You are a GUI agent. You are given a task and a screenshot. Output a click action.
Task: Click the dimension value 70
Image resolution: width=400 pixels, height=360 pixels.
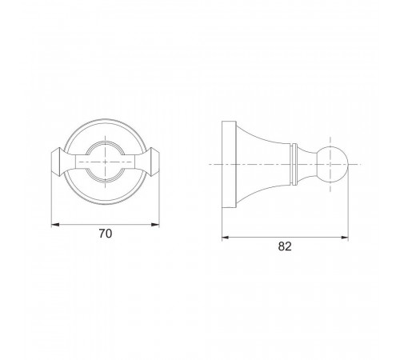[106, 234]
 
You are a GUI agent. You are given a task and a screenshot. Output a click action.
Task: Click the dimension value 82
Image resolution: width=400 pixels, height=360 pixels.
[285, 246]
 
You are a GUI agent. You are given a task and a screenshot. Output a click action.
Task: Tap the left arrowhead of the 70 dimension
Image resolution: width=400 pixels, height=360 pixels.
[55, 225]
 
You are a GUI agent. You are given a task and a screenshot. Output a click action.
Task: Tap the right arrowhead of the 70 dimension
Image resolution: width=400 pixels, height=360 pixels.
[155, 225]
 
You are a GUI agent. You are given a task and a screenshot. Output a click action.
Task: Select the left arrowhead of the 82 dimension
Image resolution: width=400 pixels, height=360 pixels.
[226, 238]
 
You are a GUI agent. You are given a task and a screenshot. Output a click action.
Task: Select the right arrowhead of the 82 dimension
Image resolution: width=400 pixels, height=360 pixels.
[344, 238]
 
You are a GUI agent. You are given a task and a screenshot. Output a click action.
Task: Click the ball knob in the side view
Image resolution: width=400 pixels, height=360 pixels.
[332, 164]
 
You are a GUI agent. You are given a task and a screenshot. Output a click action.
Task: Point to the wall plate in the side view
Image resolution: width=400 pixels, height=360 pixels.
[229, 164]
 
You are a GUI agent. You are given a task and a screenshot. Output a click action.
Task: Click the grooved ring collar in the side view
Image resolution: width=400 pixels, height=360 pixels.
[294, 164]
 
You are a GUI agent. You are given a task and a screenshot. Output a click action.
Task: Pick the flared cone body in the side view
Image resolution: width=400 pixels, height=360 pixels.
[264, 164]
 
